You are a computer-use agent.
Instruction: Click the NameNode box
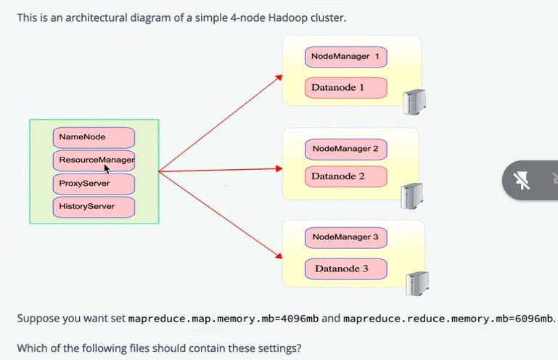click(94, 137)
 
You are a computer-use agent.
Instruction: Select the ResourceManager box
click(94, 160)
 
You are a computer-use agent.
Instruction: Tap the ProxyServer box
click(94, 184)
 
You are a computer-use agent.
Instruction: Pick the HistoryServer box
click(94, 208)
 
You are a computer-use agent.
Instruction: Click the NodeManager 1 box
click(346, 57)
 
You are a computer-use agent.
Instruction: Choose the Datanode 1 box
click(346, 88)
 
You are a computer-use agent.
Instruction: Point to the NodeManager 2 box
click(346, 150)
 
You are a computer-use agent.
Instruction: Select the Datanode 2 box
click(346, 176)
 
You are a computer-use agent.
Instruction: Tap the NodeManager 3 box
click(346, 237)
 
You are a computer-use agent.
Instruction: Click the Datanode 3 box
click(346, 269)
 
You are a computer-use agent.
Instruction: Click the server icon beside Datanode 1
click(414, 102)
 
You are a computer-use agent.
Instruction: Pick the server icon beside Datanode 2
click(411, 196)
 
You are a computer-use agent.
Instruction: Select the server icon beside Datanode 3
click(417, 284)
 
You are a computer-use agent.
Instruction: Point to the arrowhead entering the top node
click(279, 77)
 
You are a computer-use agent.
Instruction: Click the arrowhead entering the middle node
click(279, 168)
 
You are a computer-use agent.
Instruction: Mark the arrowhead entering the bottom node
click(279, 255)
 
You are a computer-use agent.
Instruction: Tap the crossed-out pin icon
click(522, 180)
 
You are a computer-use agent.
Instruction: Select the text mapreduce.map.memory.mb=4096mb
click(223, 319)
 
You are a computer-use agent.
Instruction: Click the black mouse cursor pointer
click(107, 169)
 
